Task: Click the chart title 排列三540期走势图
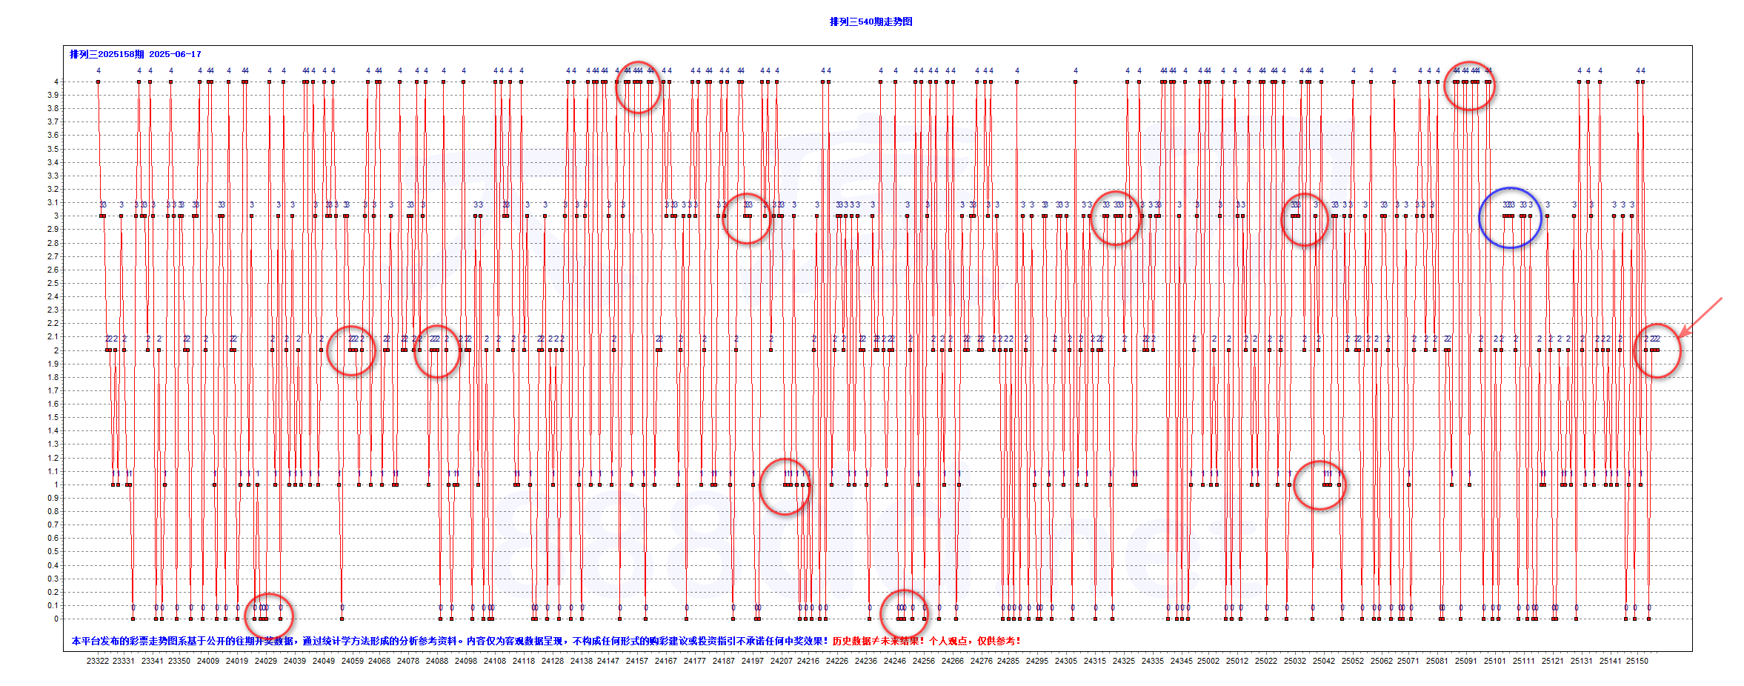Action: click(871, 21)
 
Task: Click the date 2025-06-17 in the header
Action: click(175, 54)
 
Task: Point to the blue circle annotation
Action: click(1510, 218)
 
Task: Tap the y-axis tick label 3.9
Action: click(53, 95)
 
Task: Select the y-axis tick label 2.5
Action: click(53, 283)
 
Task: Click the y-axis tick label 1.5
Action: click(53, 417)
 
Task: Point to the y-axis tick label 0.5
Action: click(53, 552)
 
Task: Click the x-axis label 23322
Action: click(97, 661)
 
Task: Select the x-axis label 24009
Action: click(208, 661)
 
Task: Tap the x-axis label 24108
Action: click(495, 661)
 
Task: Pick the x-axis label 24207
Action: click(781, 661)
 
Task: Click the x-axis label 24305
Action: click(1066, 661)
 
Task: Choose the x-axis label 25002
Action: click(1208, 661)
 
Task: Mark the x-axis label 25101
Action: click(1495, 661)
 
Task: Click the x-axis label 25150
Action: click(1637, 661)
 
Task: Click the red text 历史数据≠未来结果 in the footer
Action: click(877, 641)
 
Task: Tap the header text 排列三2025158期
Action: click(107, 54)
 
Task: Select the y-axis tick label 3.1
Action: click(53, 202)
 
